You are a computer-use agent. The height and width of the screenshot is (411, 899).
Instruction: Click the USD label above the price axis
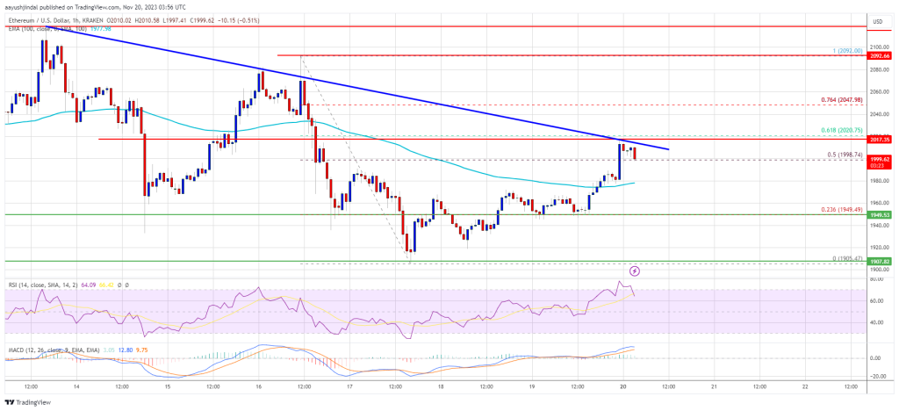click(876, 20)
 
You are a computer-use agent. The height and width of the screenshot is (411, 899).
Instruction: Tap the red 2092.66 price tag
click(881, 55)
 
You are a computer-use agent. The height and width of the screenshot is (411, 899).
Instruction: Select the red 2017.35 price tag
click(881, 139)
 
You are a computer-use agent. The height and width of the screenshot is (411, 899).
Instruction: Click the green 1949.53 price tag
click(881, 214)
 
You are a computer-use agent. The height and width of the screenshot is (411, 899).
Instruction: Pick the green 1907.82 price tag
click(881, 261)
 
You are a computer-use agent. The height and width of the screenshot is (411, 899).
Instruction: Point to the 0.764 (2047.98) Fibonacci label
click(847, 100)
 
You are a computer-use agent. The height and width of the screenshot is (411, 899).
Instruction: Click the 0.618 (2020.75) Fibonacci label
click(847, 130)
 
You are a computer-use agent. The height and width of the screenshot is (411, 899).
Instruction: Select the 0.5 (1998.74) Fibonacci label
click(849, 154)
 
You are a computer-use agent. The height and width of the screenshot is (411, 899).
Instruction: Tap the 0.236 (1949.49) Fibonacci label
click(847, 209)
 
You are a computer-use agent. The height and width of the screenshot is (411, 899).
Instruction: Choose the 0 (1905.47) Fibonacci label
click(849, 258)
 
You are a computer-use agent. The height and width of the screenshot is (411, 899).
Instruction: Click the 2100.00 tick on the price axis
click(879, 47)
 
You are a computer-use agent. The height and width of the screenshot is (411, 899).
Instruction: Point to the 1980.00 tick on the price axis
click(879, 182)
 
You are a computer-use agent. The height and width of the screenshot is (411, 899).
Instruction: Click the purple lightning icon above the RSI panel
click(635, 271)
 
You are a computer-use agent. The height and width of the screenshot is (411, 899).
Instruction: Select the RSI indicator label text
click(32, 285)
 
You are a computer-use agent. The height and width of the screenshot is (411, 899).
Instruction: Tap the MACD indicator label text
click(35, 337)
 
